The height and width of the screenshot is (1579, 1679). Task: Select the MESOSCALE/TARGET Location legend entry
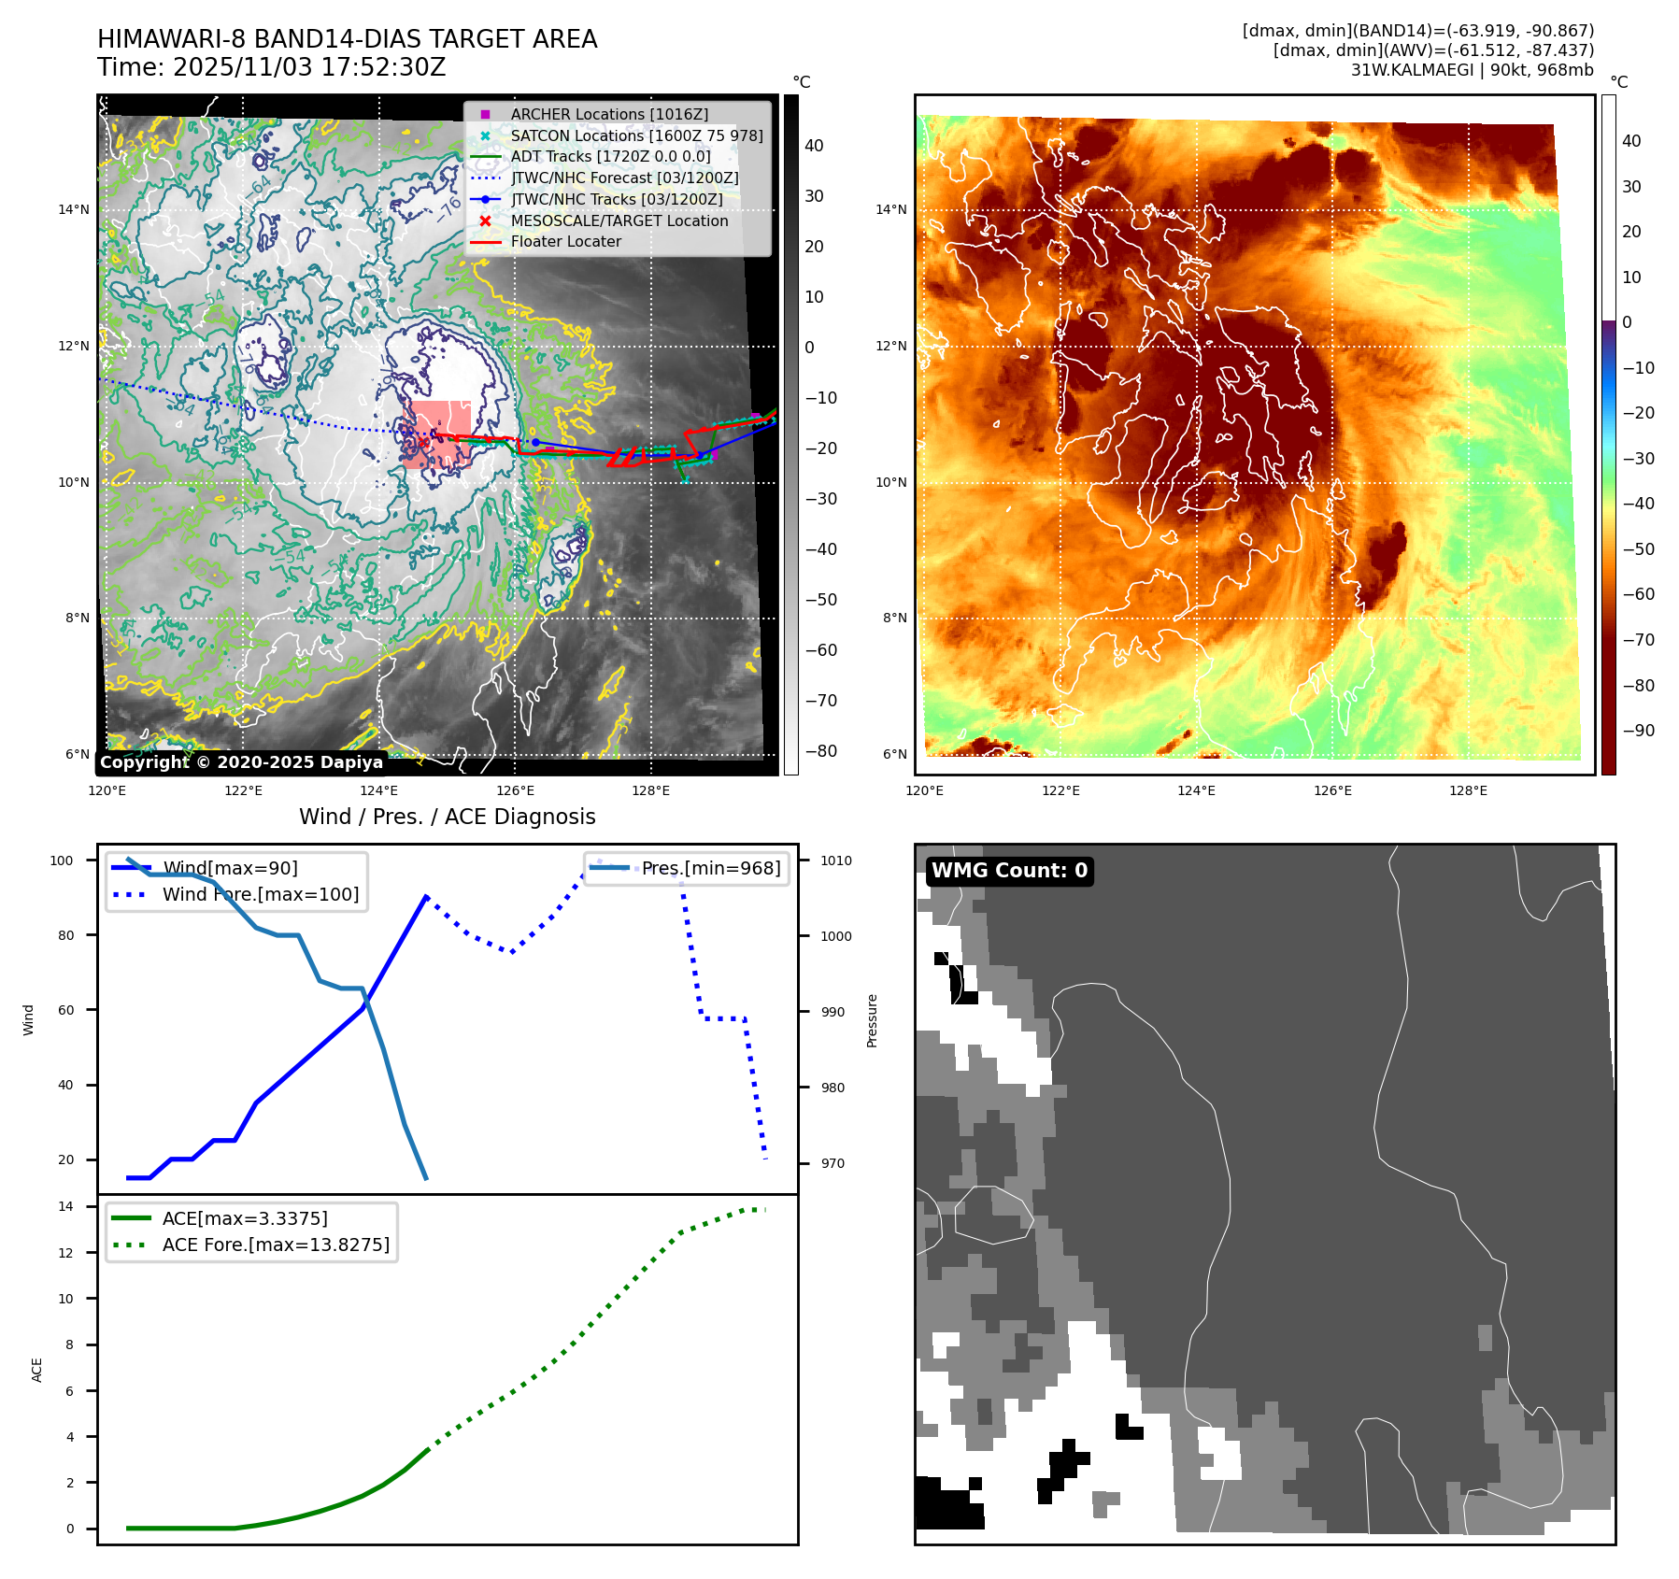click(x=619, y=220)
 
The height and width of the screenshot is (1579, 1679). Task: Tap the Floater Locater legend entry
click(x=565, y=241)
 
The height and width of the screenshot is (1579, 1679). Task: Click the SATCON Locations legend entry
click(x=636, y=135)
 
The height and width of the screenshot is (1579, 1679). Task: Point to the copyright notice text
click(x=241, y=762)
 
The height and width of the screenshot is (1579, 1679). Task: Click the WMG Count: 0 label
click(x=1009, y=871)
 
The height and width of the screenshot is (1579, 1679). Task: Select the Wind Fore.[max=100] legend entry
click(x=260, y=894)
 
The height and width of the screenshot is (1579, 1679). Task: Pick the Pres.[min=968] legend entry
click(x=710, y=868)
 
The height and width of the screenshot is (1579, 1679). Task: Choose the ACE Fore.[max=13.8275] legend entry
click(x=276, y=1245)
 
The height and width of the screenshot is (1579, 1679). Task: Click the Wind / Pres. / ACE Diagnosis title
click(x=447, y=817)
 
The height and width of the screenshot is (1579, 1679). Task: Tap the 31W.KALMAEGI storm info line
click(x=1472, y=70)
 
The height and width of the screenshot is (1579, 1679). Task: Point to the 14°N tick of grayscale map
click(x=74, y=209)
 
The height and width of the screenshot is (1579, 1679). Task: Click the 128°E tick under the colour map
click(x=1468, y=790)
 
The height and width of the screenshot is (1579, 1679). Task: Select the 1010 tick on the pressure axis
click(x=836, y=861)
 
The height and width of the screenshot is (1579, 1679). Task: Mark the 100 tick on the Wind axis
click(x=62, y=861)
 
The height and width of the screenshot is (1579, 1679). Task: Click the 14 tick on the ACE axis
click(x=65, y=1206)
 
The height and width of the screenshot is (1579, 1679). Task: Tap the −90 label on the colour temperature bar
click(x=1638, y=731)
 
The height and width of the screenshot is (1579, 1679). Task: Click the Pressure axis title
click(x=872, y=1020)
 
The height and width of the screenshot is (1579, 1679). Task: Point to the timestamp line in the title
click(x=271, y=67)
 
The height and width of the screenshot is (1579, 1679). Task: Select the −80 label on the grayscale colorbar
click(x=821, y=751)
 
